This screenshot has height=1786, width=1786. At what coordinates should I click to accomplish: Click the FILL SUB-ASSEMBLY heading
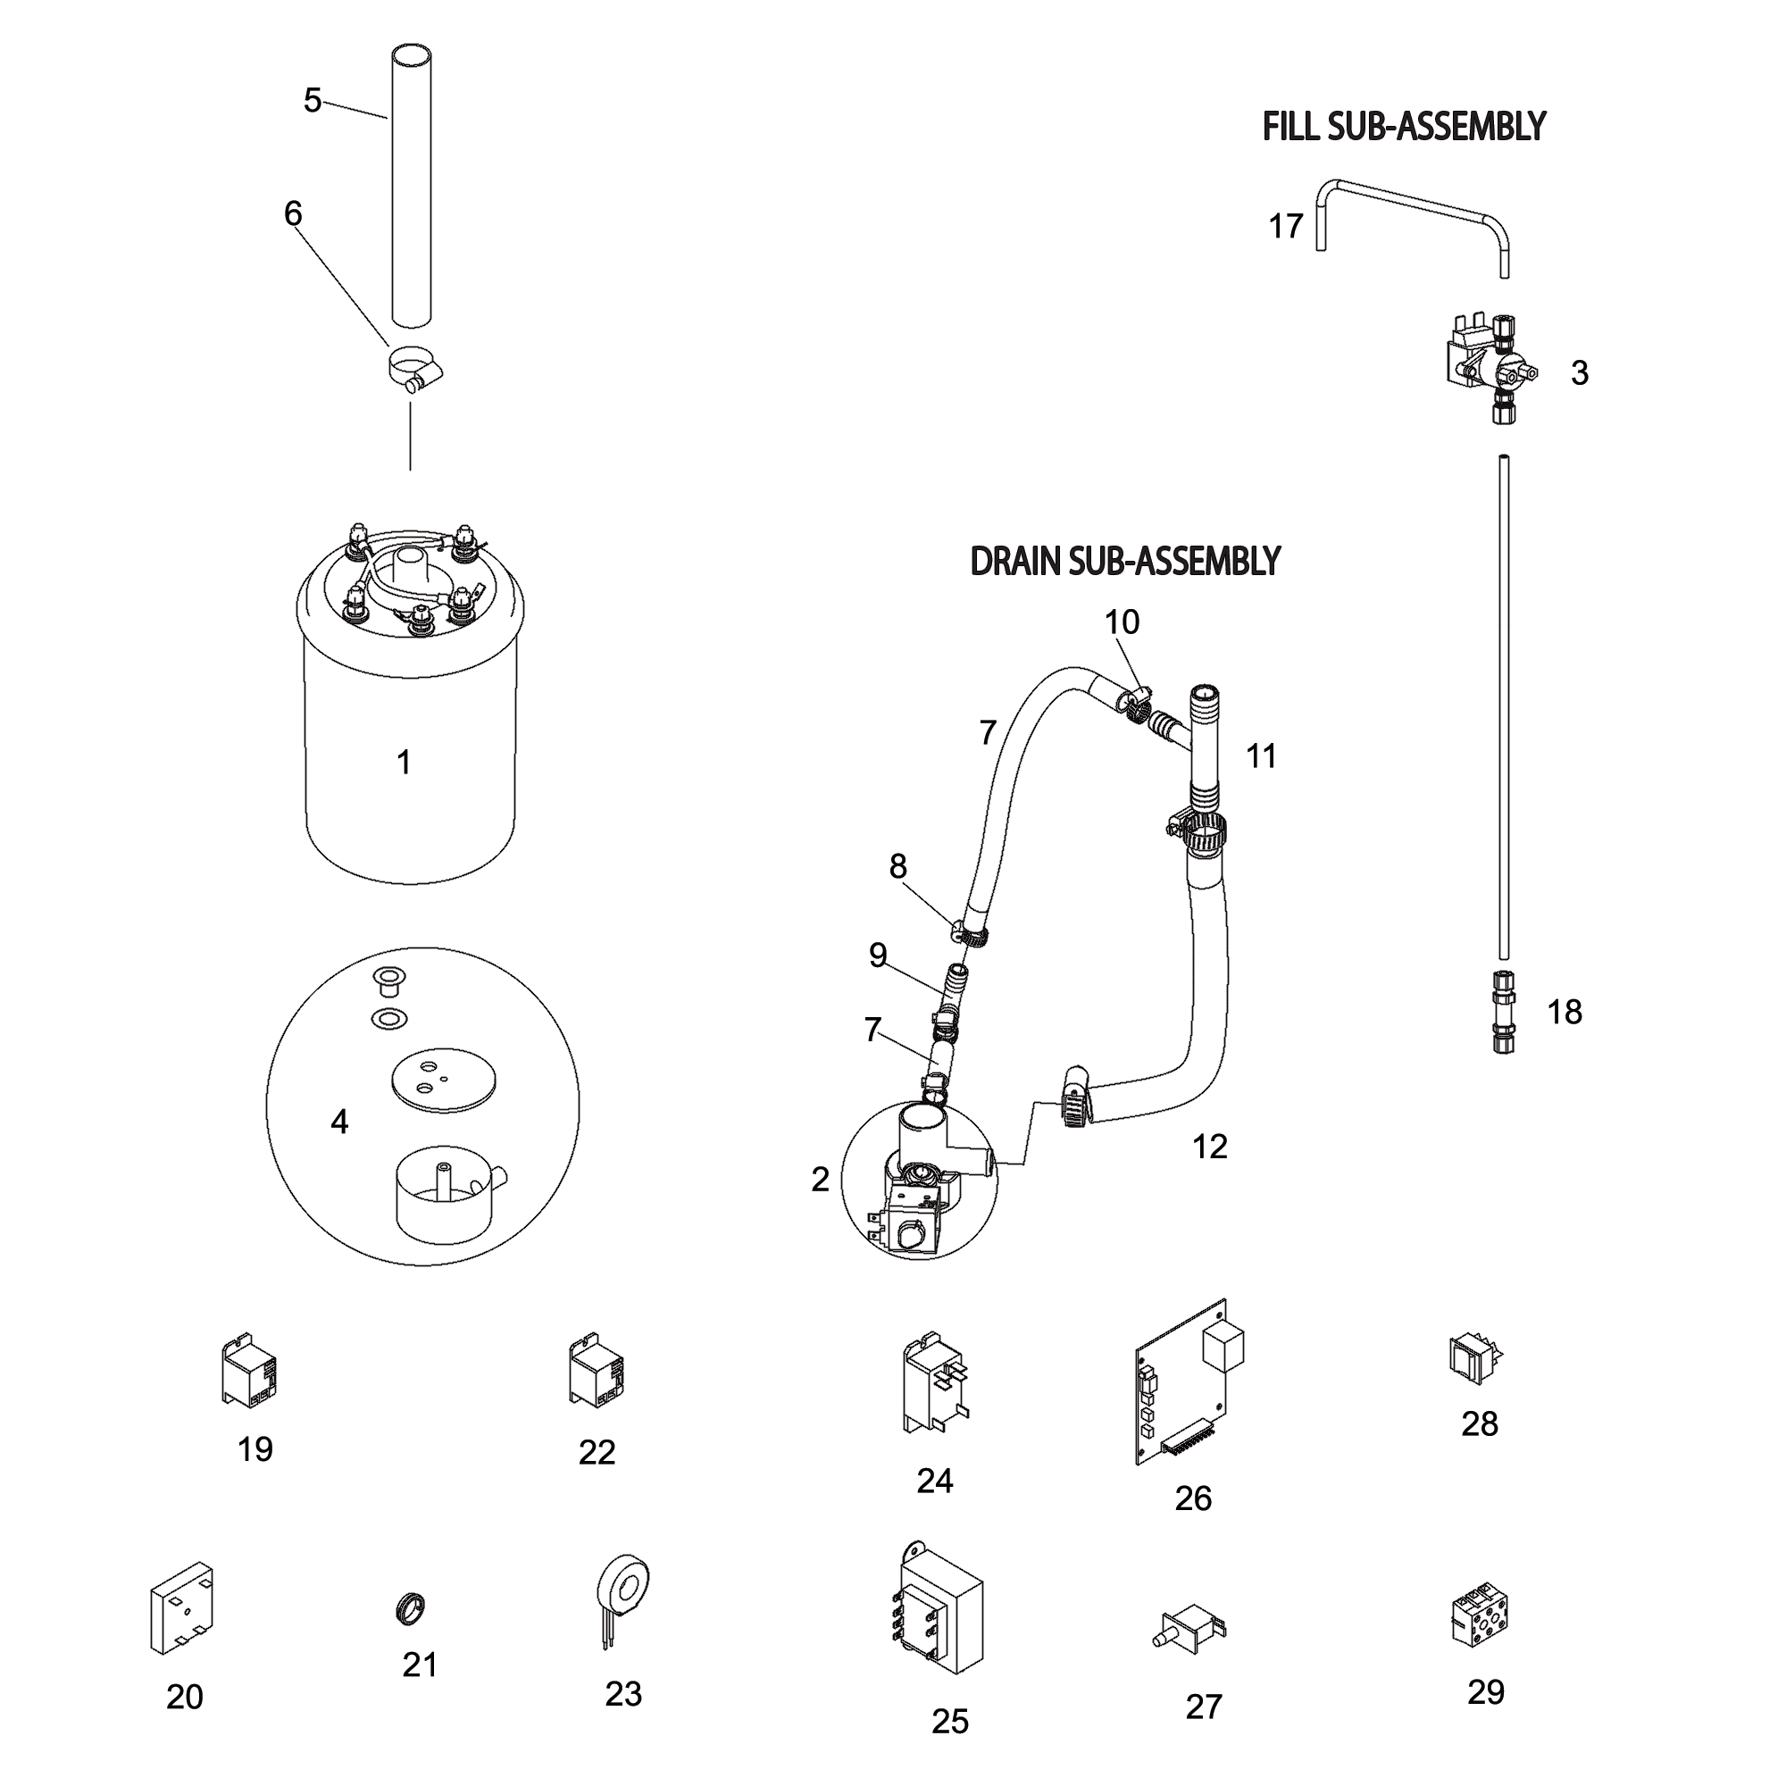click(x=1402, y=127)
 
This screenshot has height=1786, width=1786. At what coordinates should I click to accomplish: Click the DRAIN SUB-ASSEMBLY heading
click(x=1124, y=561)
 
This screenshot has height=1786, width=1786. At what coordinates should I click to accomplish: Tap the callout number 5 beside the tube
click(x=313, y=100)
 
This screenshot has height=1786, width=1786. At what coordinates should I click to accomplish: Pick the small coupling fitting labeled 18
click(x=1503, y=1012)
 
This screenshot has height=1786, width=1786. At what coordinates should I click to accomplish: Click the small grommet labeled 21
click(x=411, y=1608)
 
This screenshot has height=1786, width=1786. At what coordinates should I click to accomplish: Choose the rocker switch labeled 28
click(x=1473, y=1359)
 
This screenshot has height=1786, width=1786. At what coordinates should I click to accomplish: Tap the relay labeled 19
click(x=248, y=1371)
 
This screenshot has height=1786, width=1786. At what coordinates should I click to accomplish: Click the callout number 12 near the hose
click(x=1209, y=1147)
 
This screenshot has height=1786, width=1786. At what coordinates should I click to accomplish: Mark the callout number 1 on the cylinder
click(x=403, y=762)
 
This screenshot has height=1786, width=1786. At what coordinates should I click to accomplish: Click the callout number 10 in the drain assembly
click(x=1122, y=622)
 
